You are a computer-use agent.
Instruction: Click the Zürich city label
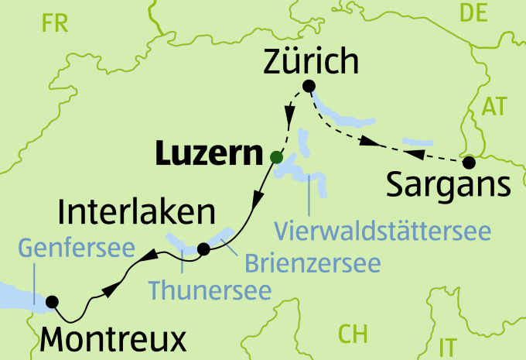point(312,60)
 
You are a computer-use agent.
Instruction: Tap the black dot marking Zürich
point(309,86)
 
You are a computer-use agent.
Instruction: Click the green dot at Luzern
point(275,157)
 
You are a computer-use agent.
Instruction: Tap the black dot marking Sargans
point(468,163)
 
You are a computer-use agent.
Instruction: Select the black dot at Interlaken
point(203,249)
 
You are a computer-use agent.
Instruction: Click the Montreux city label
point(112,338)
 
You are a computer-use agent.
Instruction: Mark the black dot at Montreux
point(53,301)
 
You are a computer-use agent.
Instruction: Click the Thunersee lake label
point(210,290)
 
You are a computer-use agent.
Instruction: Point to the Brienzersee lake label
point(313,262)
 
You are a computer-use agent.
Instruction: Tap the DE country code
point(476,12)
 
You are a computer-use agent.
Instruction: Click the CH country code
point(352,334)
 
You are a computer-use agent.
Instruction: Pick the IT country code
point(447,345)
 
